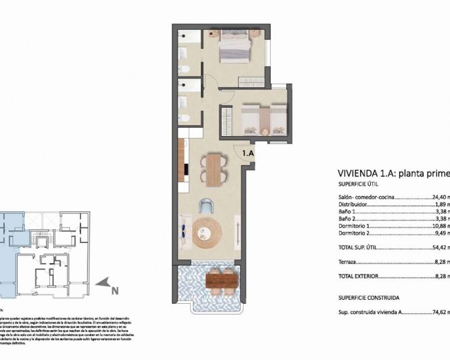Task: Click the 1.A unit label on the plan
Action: [248, 154]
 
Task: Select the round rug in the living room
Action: [207, 233]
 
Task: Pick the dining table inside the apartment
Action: [213, 170]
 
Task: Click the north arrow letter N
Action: [114, 291]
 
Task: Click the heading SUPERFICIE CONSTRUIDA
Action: [369, 297]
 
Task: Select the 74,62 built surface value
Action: [440, 313]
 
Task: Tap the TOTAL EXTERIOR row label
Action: [358, 277]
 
